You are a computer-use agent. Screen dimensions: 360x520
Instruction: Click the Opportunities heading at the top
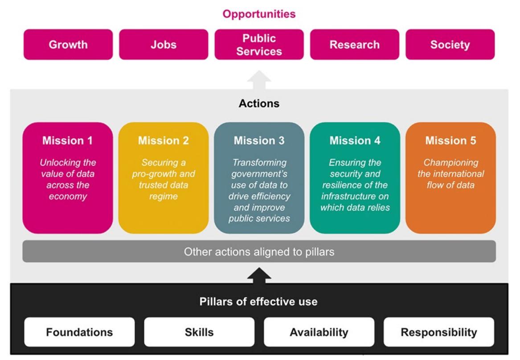[x=259, y=14]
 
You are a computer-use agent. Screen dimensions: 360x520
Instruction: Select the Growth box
[x=68, y=45]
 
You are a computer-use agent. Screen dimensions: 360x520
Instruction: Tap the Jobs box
[x=164, y=45]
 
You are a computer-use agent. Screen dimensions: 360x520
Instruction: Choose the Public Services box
[x=259, y=45]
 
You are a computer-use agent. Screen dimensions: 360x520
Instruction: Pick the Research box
[x=355, y=45]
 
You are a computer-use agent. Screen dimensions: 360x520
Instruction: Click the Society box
[x=450, y=45]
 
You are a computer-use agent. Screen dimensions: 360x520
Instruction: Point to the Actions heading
[x=259, y=103]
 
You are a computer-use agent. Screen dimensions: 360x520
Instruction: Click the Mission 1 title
[x=67, y=141]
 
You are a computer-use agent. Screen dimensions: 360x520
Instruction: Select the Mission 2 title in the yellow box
[x=163, y=141]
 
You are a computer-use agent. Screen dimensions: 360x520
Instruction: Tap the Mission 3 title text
[x=259, y=141]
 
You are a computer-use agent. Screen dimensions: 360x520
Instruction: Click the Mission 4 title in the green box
[x=355, y=141]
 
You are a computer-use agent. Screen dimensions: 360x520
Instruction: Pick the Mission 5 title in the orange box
[x=450, y=141]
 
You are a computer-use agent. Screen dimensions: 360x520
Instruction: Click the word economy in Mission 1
[x=67, y=196]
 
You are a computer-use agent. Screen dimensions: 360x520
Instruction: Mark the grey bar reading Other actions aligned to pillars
[x=259, y=252]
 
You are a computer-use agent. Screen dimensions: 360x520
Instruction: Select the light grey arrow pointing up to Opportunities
[x=259, y=80]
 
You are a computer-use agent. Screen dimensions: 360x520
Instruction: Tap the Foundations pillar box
[x=79, y=332]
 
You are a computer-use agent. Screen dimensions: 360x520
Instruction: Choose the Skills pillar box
[x=199, y=332]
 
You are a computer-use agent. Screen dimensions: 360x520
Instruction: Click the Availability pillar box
[x=319, y=332]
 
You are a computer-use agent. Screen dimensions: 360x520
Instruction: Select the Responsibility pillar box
[x=439, y=332]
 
